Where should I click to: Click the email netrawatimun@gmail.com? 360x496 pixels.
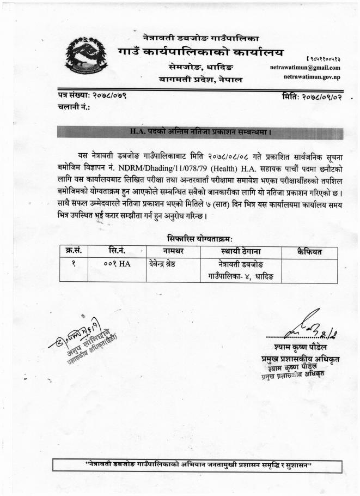point(305,68)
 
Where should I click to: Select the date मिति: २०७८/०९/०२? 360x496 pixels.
point(310,96)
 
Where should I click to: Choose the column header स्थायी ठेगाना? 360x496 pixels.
point(240,251)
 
